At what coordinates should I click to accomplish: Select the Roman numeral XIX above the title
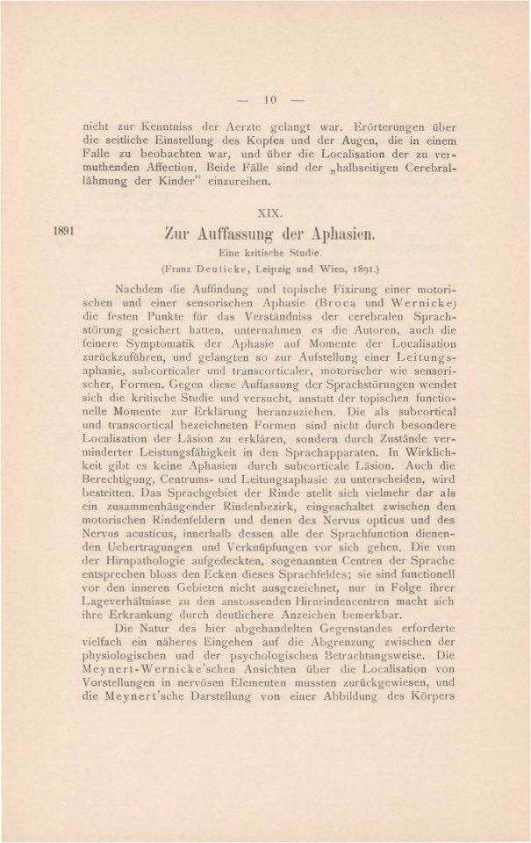click(271, 213)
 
